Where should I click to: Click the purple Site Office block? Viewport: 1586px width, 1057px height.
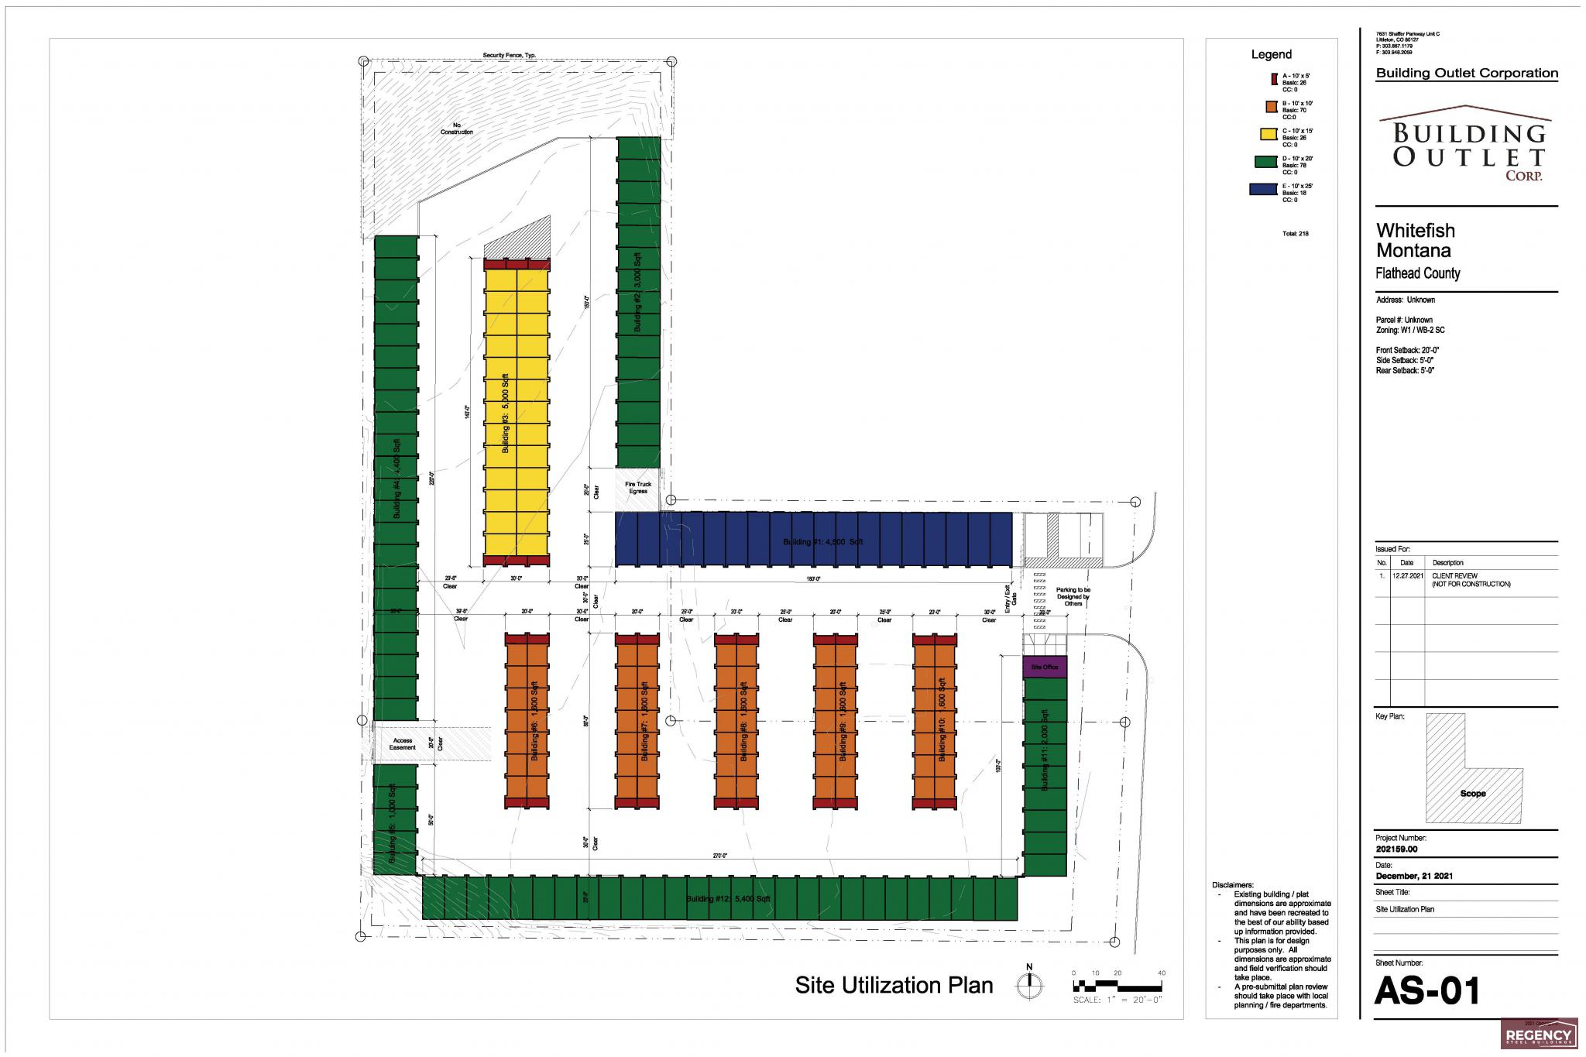point(1045,667)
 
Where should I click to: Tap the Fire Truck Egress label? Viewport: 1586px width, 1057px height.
point(638,488)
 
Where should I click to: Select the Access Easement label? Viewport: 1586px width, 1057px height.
point(403,744)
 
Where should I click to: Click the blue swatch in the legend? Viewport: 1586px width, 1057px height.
point(1262,189)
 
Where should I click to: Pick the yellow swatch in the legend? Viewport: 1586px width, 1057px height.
point(1268,134)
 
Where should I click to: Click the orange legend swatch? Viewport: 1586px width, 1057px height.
point(1269,107)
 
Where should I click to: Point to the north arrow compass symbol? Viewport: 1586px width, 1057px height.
point(1029,986)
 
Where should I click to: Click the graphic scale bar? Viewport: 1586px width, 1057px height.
point(1117,987)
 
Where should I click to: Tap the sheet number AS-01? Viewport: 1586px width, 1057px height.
point(1427,992)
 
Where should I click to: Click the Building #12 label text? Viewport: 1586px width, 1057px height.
point(728,899)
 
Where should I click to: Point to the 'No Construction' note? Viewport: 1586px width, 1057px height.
point(457,129)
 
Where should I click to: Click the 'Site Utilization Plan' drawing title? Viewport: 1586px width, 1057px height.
point(894,985)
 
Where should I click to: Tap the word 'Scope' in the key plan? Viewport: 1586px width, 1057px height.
point(1473,794)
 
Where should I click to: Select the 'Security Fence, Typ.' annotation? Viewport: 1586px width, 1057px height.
point(510,56)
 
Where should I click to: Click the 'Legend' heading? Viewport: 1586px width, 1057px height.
point(1272,54)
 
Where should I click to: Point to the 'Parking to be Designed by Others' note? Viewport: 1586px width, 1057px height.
point(1073,596)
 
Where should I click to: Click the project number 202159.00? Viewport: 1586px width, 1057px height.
point(1396,849)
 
